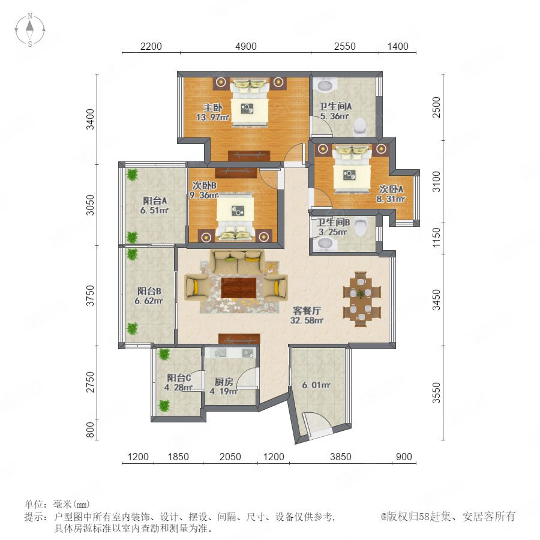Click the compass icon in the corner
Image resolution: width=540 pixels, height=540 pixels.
(30, 30)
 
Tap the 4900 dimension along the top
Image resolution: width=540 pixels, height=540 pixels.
(246, 46)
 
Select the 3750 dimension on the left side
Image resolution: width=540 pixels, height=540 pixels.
(90, 295)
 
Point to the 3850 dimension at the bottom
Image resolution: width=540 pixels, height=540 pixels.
(341, 457)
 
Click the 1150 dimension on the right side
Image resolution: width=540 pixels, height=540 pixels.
(436, 237)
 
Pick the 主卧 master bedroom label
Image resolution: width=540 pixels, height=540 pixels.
(212, 107)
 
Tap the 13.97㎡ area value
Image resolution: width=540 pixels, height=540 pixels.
(212, 117)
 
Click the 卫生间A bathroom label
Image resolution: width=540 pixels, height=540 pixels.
(335, 106)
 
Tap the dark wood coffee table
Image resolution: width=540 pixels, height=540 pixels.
(239, 288)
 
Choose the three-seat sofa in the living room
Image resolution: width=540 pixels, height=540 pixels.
(238, 261)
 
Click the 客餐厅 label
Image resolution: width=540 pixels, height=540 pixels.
(307, 311)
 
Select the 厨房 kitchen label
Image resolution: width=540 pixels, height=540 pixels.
(224, 382)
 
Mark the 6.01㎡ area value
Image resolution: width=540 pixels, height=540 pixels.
(316, 385)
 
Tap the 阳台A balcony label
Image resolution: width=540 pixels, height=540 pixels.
(155, 200)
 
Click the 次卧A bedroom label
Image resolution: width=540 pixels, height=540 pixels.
(391, 189)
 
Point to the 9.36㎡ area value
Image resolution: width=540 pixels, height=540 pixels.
(204, 195)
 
